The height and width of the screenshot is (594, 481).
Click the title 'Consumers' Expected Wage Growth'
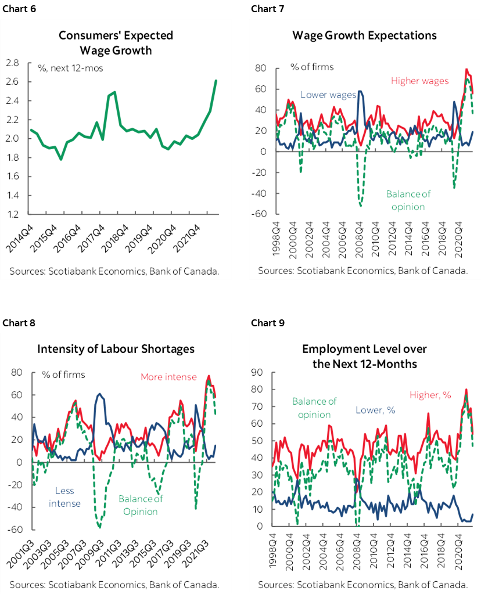tap(116, 43)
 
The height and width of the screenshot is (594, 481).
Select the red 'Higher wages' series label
tap(419, 81)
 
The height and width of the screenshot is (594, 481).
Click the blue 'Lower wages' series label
tap(328, 95)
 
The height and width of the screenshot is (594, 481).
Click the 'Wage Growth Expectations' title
tap(364, 35)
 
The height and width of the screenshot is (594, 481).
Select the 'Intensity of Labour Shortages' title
tap(116, 349)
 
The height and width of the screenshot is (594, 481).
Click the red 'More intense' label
tap(168, 377)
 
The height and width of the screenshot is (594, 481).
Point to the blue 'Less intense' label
tap(64, 497)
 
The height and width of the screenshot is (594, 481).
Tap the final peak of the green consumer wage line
tap(216, 81)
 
